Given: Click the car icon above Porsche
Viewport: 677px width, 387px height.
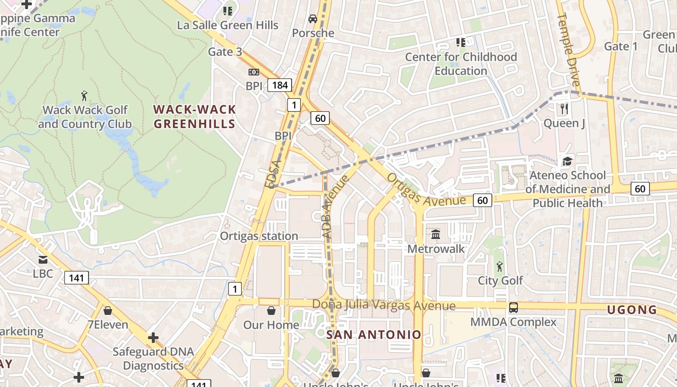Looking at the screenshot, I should pos(313,19).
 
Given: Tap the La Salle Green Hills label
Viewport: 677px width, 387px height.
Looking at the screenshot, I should pos(228,25).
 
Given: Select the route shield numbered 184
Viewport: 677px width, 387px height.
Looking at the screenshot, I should pos(280,86).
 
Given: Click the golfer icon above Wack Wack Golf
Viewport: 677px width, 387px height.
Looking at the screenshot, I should pos(85,95).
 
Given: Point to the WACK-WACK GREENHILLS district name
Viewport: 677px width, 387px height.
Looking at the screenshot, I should pos(194,117).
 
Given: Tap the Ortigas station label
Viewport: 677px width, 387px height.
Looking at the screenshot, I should pos(259,236).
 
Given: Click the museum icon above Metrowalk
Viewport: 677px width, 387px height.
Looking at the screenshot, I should pos(436,235).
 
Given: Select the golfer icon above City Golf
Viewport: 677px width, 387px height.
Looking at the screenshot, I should pos(500,266).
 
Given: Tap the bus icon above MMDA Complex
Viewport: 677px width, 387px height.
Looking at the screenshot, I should pos(513,307).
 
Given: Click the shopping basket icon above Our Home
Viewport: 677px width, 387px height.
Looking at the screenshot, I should pos(271,310).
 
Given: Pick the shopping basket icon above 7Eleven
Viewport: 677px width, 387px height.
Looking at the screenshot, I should pos(108,310).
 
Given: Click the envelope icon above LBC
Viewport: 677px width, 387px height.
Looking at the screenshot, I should pos(43,259).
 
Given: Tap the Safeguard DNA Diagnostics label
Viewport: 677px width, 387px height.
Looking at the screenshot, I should pos(153,358).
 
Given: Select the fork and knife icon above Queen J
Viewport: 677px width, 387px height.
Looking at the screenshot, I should pos(564,109).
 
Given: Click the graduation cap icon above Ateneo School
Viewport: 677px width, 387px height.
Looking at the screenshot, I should pos(567,161).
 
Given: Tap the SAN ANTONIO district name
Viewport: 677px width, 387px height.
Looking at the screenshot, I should pos(373,335).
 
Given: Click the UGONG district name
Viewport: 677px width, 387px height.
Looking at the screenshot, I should pos(632,310).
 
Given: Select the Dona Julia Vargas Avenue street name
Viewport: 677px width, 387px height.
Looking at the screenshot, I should pos(384,306).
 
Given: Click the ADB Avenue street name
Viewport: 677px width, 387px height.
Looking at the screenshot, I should pos(335,207).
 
